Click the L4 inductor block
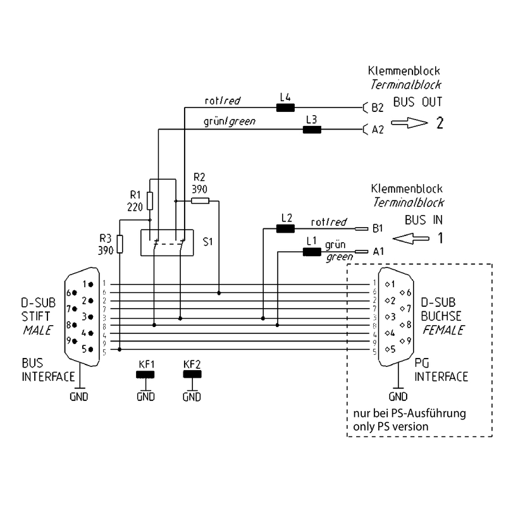point(285,108)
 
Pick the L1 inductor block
point(311,252)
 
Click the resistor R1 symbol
point(149,201)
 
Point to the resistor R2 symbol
point(200,201)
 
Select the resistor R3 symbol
point(118,242)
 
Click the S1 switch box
point(168,242)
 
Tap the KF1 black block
point(146,374)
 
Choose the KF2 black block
point(192,374)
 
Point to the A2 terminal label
point(378,130)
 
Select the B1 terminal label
point(378,228)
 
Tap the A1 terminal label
point(378,251)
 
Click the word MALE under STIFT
point(37,330)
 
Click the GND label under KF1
point(146,397)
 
